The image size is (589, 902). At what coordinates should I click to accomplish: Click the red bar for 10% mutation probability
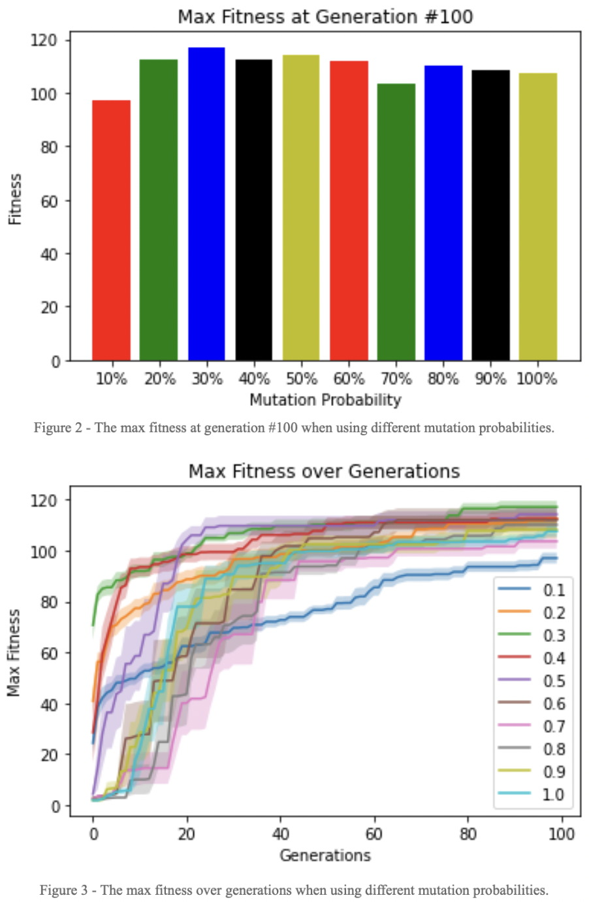[111, 230]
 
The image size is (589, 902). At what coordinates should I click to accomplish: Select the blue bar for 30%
[206, 204]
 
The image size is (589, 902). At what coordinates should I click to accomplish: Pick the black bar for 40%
[253, 210]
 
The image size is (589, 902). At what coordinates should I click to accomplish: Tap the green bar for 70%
[396, 222]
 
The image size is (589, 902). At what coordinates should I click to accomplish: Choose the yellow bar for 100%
[537, 217]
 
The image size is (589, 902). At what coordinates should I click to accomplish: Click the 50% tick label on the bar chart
[301, 379]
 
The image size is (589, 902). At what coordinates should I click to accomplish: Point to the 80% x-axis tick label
[443, 379]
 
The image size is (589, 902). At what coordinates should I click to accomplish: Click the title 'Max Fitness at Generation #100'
[325, 16]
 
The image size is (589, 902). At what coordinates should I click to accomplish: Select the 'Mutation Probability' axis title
[325, 399]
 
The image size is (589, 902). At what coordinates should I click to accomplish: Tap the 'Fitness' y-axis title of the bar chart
[15, 199]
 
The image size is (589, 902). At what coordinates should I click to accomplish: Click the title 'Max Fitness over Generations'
[324, 471]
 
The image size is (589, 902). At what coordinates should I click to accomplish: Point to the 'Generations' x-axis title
[325, 856]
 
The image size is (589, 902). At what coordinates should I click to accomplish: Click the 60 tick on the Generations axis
[374, 835]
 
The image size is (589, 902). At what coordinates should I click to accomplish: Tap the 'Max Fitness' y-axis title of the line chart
[14, 652]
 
